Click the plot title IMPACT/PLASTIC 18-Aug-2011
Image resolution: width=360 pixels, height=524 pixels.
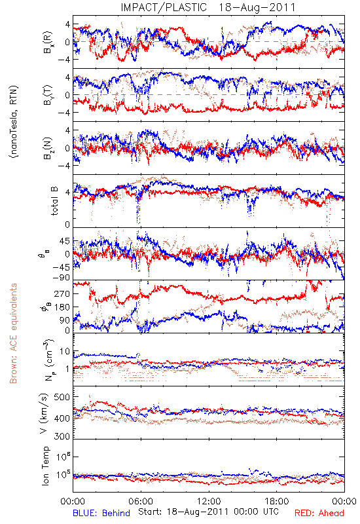tap(208, 7)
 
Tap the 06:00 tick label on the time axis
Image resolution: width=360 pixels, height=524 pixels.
tap(141, 501)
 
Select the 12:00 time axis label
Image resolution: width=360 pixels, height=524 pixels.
tap(209, 501)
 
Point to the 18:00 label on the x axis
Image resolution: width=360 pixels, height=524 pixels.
tap(277, 501)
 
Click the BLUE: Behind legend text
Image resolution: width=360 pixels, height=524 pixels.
tap(101, 514)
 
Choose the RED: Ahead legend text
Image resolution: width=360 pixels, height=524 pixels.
tap(319, 514)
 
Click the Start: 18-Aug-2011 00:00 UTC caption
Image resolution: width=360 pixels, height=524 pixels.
tap(208, 512)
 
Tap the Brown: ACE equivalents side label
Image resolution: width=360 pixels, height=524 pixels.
tap(13, 333)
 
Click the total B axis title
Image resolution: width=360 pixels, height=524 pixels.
tap(54, 200)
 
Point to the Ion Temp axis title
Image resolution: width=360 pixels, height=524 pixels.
tap(45, 466)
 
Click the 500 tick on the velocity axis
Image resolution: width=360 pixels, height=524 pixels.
tap(62, 397)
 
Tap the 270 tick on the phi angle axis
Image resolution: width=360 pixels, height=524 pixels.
tap(62, 293)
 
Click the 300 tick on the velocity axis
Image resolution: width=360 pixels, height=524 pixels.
tap(62, 436)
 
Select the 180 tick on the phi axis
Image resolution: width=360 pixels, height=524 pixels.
tap(62, 307)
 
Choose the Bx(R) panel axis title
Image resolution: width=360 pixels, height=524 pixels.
tap(47, 42)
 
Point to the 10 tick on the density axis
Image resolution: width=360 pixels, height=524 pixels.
tap(65, 351)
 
